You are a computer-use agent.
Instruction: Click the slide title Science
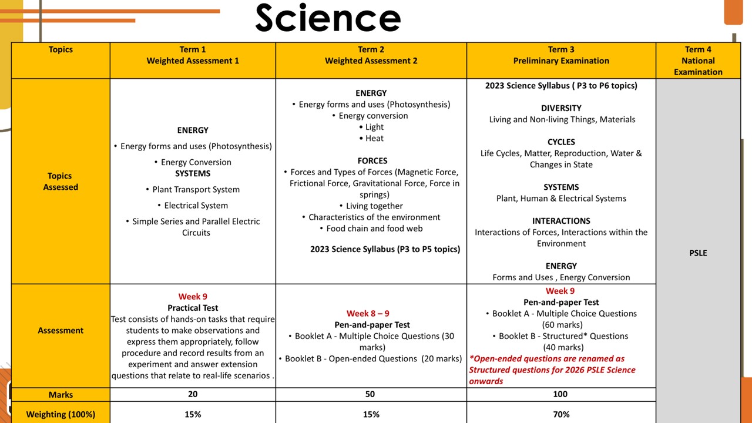coord(328,18)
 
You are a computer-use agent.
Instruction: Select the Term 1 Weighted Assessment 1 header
coord(193,55)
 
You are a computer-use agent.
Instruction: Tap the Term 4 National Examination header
coord(698,61)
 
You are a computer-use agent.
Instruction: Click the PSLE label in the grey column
coord(698,253)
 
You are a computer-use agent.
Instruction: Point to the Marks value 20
coord(193,394)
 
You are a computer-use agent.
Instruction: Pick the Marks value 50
coord(370,394)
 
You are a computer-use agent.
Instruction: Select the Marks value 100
coord(560,394)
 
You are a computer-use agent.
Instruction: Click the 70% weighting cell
coord(561,414)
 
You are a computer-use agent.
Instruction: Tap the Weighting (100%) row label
coord(61,414)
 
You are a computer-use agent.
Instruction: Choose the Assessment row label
coord(61,330)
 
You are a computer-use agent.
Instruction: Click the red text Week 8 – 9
coord(368,313)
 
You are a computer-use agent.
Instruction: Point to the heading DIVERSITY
coord(561,108)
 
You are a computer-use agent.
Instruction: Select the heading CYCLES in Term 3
coord(561,142)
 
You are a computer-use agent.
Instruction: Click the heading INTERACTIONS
coord(561,221)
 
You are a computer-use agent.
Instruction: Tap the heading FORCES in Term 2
coord(372,160)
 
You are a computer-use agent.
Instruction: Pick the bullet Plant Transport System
coord(196,189)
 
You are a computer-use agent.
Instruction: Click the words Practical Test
coord(193,308)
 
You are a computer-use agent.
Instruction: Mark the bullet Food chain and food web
coord(374,229)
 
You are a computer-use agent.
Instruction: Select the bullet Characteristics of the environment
coord(374,217)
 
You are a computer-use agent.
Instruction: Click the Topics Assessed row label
coord(61,181)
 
